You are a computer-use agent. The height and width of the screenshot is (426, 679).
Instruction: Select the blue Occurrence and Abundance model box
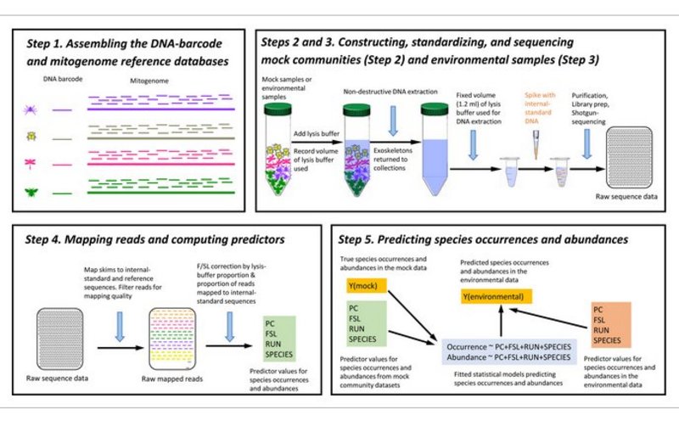coord(508,352)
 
